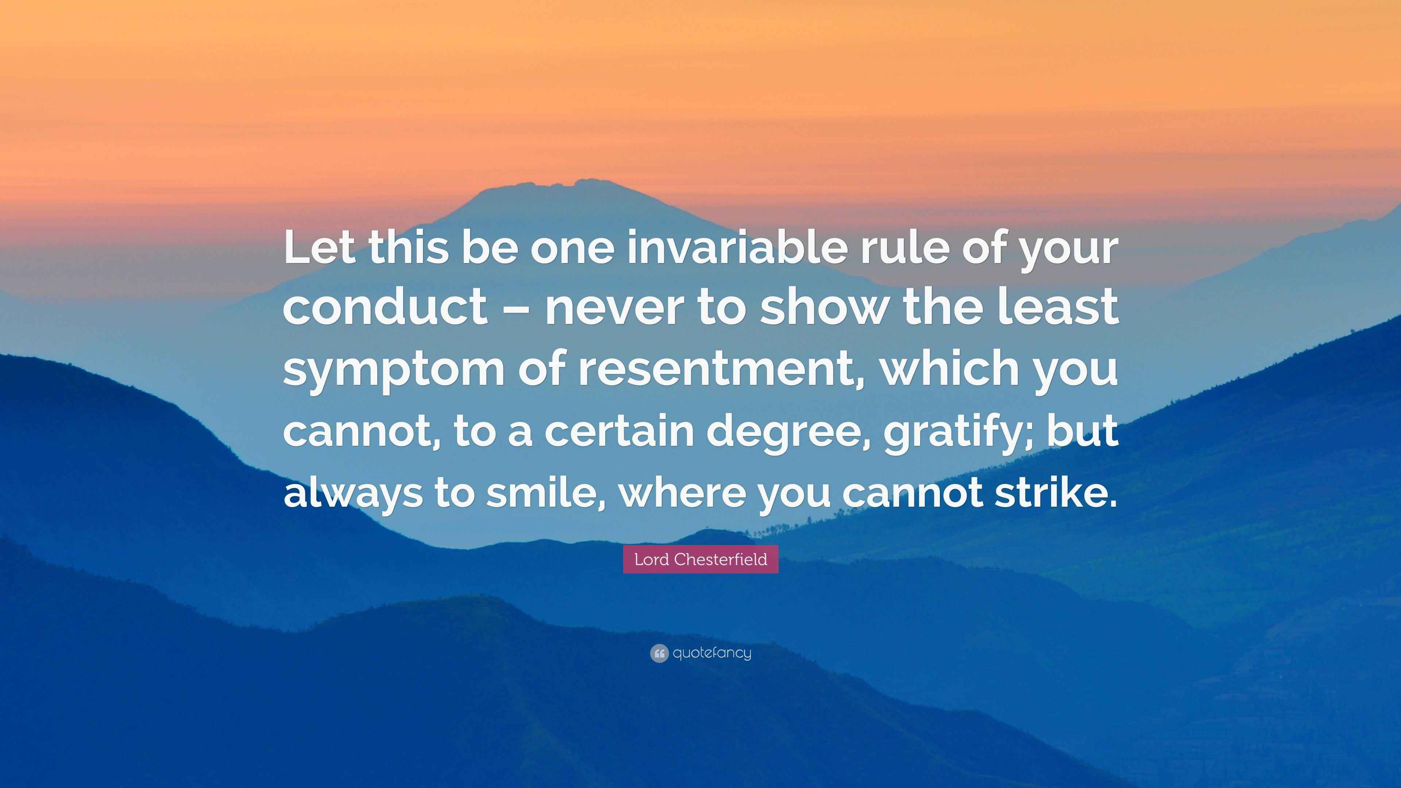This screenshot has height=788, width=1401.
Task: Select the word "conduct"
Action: [x=385, y=308]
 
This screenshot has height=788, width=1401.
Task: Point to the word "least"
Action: [x=1058, y=308]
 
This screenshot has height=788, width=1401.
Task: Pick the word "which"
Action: [x=949, y=368]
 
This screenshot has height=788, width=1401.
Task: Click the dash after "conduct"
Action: [x=516, y=309]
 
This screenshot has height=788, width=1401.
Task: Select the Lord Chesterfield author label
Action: [x=700, y=559]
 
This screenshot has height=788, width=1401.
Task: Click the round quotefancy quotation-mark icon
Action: [x=659, y=653]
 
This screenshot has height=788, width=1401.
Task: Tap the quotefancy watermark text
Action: [x=712, y=653]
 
